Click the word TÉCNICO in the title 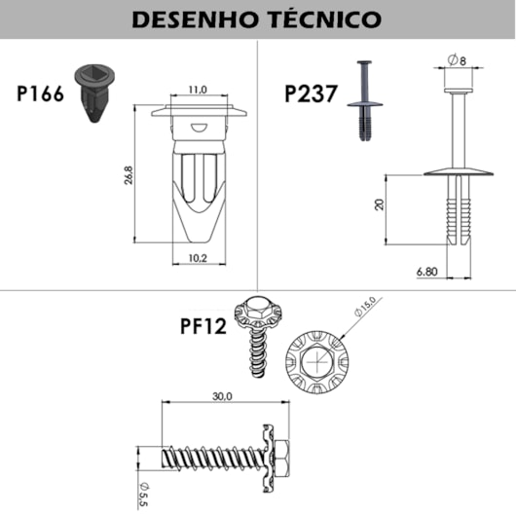(x=325, y=19)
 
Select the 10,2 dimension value (x=198, y=259)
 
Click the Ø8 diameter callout (x=457, y=60)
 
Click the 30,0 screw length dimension (x=221, y=396)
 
